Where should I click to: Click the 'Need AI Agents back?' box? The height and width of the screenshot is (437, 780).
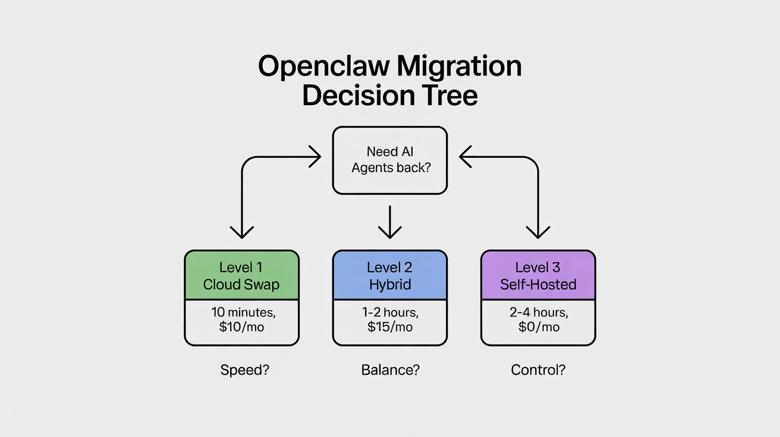[x=390, y=160]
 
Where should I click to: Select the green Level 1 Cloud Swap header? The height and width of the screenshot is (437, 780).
[x=241, y=275]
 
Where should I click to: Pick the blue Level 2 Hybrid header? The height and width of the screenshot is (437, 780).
[x=390, y=275]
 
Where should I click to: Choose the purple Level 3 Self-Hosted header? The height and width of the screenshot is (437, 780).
[x=538, y=275]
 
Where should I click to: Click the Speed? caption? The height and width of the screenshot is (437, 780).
[x=244, y=370]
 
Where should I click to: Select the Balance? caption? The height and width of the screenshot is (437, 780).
[x=390, y=370]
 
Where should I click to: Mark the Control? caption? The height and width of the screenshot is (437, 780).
[x=538, y=370]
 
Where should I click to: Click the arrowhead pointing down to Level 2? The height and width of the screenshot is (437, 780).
[x=390, y=232]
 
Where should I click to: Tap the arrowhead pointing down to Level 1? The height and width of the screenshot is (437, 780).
[x=242, y=232]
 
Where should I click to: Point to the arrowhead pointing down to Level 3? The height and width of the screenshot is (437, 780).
[x=538, y=232]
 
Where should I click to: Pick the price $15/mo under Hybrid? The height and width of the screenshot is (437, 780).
[x=391, y=327]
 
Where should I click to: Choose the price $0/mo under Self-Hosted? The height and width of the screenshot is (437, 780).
[x=538, y=327]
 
